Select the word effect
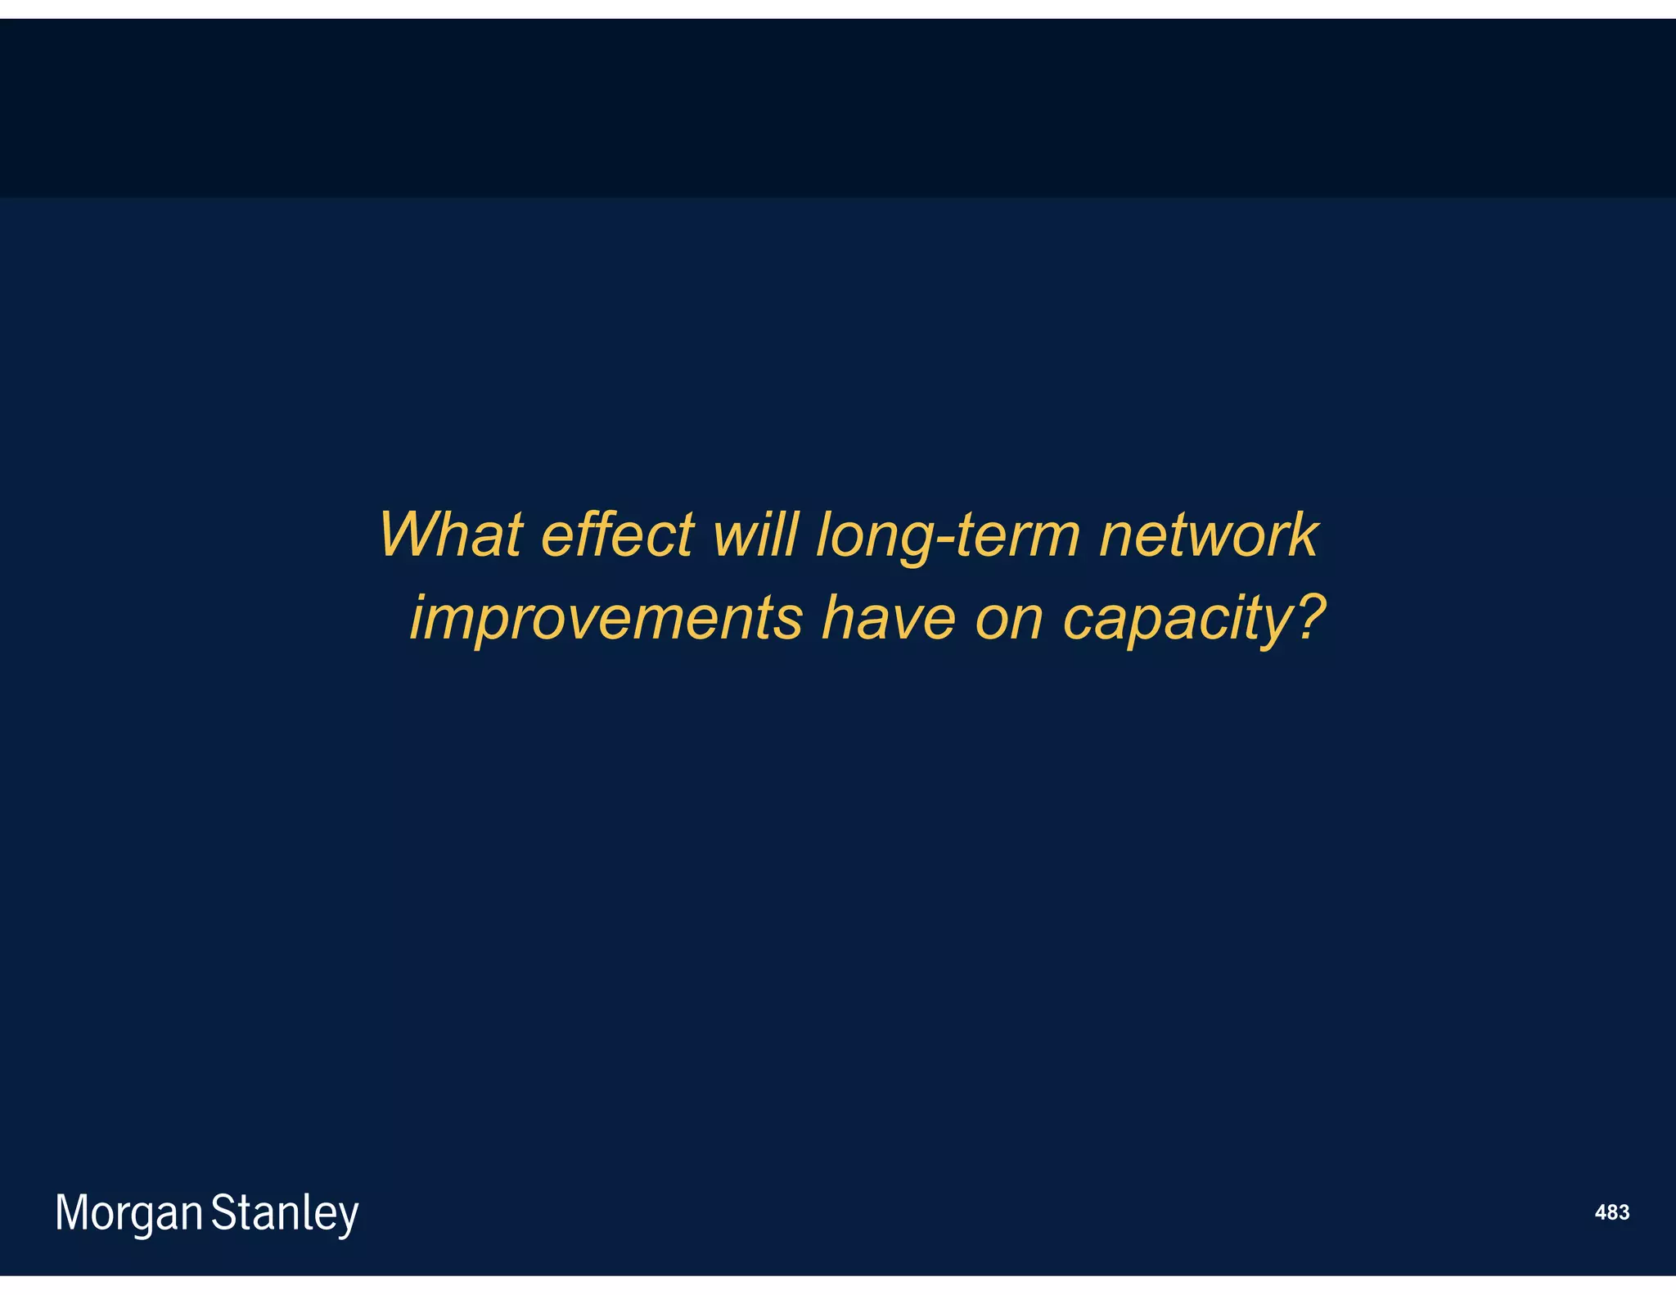(x=618, y=535)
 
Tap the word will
(x=755, y=535)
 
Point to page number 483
(x=1611, y=1212)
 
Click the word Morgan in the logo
(x=128, y=1213)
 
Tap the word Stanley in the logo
(x=285, y=1213)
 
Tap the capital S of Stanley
(x=223, y=1212)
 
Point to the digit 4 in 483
(x=1601, y=1212)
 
